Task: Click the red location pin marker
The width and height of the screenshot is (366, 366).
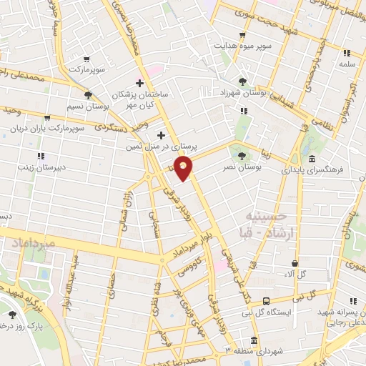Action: [184, 169]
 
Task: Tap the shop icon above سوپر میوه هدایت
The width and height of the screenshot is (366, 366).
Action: [242, 34]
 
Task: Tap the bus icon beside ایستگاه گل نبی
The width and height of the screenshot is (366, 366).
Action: [266, 301]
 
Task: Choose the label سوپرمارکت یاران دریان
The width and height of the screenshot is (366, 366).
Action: [44, 131]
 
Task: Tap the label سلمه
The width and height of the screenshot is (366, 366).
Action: [347, 64]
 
